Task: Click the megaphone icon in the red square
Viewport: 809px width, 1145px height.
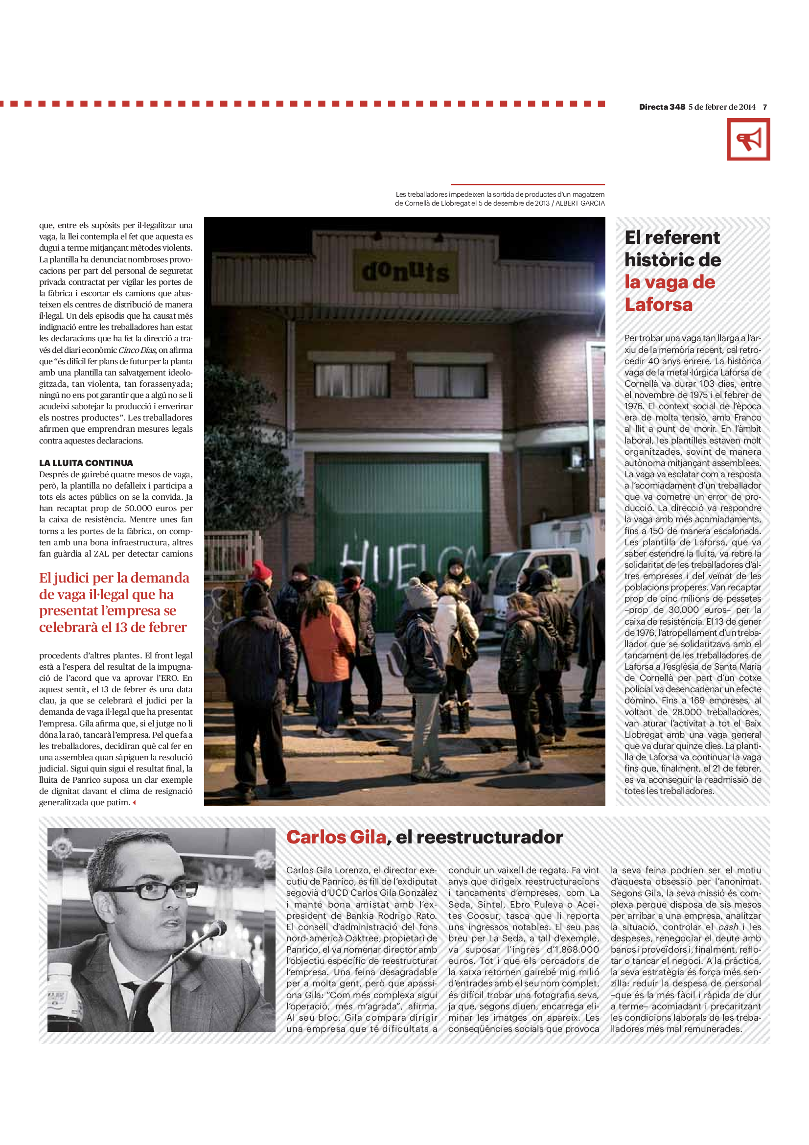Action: point(748,139)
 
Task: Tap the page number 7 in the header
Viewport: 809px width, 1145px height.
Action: point(764,107)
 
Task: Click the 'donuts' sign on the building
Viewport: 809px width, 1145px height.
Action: point(405,271)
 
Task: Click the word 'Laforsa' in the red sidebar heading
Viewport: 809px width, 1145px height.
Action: point(658,304)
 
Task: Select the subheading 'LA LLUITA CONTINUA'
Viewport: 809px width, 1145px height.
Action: point(86,463)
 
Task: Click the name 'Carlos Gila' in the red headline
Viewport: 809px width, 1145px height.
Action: point(336,837)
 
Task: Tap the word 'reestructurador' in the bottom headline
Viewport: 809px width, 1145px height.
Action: point(489,837)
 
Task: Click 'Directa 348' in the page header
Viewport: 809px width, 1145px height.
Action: point(662,107)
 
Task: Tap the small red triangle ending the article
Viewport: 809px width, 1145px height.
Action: point(134,802)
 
